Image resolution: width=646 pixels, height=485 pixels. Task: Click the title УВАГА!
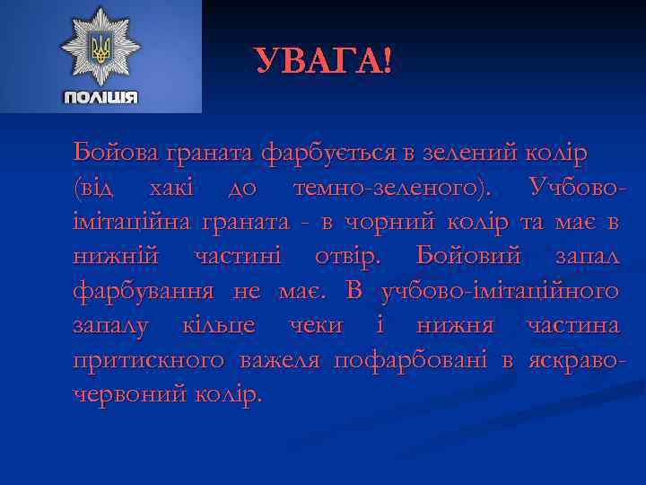pos(323,61)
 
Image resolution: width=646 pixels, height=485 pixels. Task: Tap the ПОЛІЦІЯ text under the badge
pos(100,97)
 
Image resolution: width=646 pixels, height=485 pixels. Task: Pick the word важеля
pos(282,360)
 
